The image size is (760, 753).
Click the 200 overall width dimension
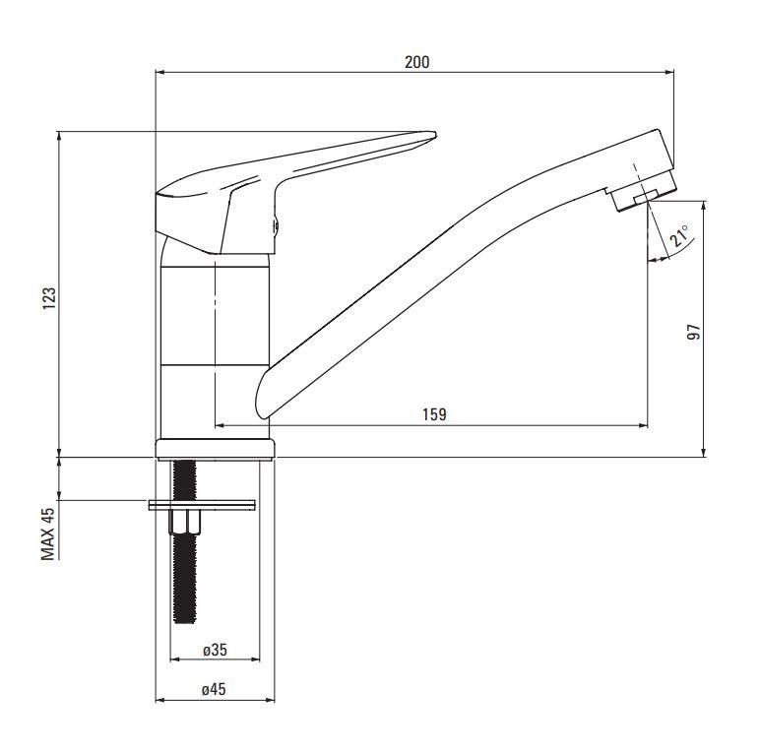416,62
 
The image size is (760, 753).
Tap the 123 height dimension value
49,298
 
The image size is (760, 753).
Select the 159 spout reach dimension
434,414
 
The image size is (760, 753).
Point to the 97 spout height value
694,332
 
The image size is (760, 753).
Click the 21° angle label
679,236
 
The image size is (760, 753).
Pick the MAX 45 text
48,534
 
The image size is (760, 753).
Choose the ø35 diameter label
215,650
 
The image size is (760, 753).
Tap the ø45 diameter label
214,689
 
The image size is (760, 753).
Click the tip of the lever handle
435,134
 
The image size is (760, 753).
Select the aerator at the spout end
644,191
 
